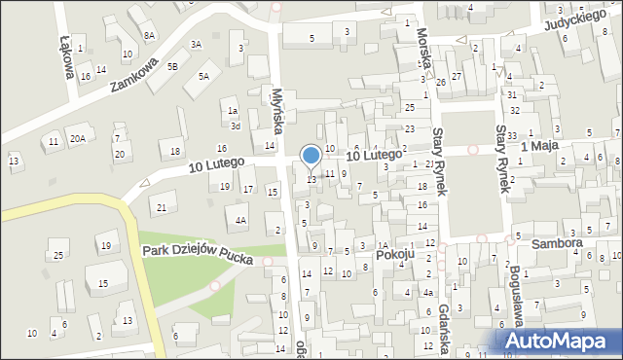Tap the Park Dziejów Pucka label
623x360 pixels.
click(198, 255)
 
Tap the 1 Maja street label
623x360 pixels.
click(537, 146)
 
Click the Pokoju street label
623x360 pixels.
click(395, 255)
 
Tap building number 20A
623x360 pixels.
click(76, 139)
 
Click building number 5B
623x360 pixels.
click(172, 66)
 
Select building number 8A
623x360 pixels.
click(149, 35)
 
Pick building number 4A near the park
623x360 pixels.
click(239, 220)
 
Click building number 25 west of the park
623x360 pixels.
click(58, 255)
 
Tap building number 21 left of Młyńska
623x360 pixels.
click(162, 208)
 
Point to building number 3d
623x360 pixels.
click(235, 126)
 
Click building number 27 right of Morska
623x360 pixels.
click(456, 76)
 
